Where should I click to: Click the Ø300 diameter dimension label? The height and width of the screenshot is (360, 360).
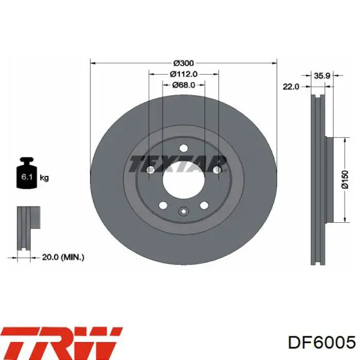pos(184,63)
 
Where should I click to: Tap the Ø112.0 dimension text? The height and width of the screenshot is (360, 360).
pos(184,74)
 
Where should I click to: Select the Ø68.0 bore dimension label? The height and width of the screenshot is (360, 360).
pos(184,85)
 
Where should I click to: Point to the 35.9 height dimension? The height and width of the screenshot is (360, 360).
pos(322,76)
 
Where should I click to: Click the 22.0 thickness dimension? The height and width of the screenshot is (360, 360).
pos(291,86)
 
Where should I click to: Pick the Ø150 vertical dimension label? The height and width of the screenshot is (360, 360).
pos(345,180)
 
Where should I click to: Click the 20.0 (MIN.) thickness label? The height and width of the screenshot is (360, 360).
pos(63,257)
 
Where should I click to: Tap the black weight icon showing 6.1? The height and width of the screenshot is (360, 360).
pos(27,173)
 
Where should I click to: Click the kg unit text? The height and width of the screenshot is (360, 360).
pos(44,177)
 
